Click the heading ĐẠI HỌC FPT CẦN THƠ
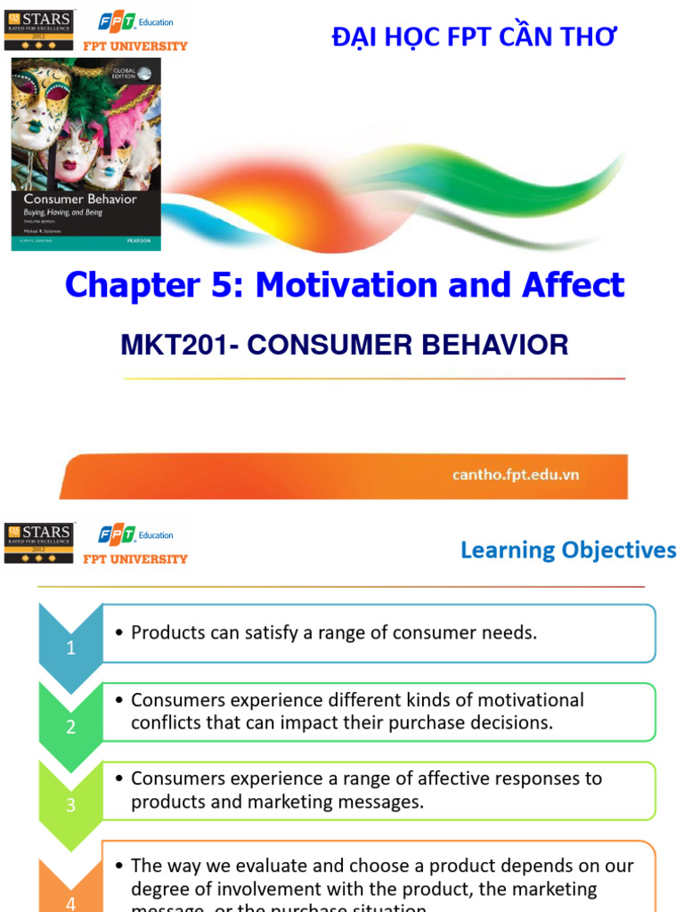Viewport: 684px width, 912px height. pos(473,37)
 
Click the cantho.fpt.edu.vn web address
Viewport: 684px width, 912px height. pos(515,475)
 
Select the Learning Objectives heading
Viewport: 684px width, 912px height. pos(568,550)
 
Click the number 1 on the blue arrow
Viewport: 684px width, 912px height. pos(71,647)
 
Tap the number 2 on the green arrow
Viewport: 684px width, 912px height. pos(71,726)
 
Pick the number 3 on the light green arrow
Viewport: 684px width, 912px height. pos(71,804)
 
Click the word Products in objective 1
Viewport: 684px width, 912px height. pos(167,632)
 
